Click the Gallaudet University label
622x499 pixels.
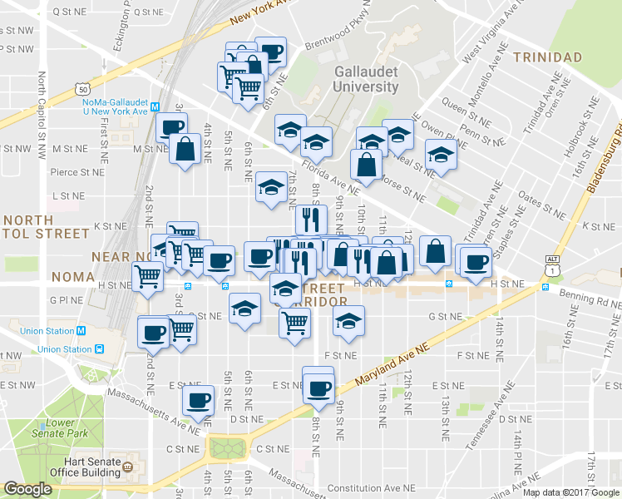366,79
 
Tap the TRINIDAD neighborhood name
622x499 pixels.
547,57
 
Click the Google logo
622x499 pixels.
27,489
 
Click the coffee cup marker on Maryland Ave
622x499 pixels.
318,386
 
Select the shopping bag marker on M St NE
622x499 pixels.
184,150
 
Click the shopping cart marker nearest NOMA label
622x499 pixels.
148,274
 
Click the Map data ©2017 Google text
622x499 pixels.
571,492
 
